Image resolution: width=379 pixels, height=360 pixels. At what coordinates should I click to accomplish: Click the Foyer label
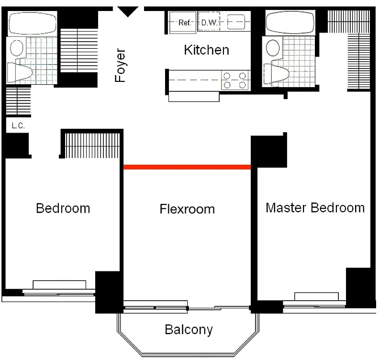pos(120,65)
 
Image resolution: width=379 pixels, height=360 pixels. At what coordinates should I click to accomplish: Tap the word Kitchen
pos(206,50)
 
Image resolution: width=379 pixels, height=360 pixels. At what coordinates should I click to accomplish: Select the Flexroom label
pos(187,209)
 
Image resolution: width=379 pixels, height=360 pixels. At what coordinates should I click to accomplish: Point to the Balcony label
pos(189,329)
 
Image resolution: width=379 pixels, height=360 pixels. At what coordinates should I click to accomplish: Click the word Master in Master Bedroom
pos(287,208)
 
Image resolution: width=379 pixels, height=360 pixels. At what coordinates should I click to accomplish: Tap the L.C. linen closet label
pos(18,125)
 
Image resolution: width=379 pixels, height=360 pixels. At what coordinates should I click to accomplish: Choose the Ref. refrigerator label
pos(185,22)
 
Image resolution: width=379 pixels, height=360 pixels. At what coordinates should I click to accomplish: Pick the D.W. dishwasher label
pos(210,22)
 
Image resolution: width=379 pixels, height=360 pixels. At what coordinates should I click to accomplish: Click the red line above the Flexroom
pos(187,167)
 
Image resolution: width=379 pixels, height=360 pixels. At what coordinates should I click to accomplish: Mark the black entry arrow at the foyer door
pos(128,11)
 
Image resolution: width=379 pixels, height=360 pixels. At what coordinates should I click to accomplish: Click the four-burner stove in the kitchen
pos(235,80)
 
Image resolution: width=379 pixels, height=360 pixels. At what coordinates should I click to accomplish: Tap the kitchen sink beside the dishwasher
pos(236,22)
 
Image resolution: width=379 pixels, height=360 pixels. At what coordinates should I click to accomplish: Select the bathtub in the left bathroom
pos(33,23)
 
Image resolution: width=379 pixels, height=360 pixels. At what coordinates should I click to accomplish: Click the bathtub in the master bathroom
pos(290,22)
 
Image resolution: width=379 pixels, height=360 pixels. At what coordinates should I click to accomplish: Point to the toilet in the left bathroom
pos(20,72)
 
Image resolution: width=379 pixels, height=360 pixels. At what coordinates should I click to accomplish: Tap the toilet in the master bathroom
pos(277,74)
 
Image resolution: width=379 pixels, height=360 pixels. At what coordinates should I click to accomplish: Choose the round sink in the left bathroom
pos(17,48)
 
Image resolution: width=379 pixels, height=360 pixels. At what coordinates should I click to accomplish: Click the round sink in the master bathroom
pos(273,48)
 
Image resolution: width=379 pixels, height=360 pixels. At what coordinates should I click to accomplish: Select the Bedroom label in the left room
pos(63,208)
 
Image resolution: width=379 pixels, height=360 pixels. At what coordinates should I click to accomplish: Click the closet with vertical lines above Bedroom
pos(92,146)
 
